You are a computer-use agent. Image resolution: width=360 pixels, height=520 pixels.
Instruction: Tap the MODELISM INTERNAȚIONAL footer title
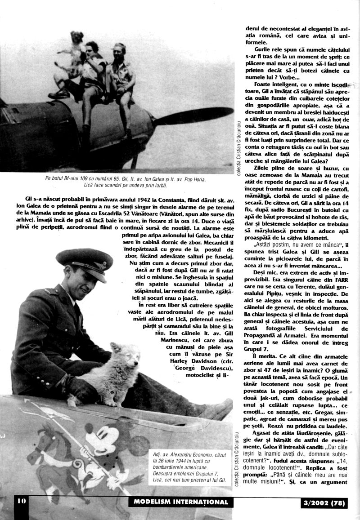180,502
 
